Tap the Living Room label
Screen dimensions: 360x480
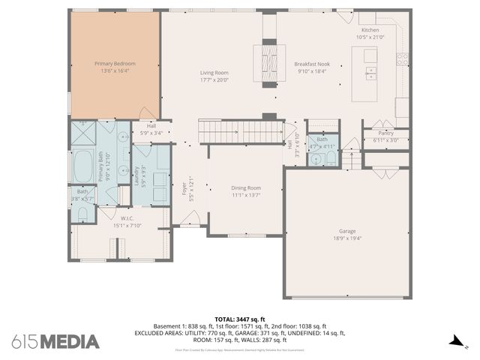point(213,73)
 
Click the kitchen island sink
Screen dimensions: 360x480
point(370,73)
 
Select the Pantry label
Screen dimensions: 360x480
point(385,133)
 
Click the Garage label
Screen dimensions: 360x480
point(346,231)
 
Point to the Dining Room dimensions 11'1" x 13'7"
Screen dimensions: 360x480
point(245,194)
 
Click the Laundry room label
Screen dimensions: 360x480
point(136,175)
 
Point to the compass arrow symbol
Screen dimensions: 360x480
point(454,342)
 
